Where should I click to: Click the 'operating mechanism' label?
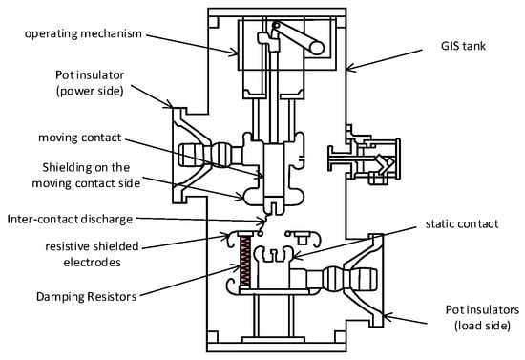tap(83, 34)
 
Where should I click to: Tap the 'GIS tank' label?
tap(463, 46)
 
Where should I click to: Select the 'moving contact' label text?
tap(79, 138)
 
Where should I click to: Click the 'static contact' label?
tap(462, 223)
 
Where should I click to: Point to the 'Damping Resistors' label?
tap(86, 297)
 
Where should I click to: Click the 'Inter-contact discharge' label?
tap(70, 220)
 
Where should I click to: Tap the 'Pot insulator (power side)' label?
tap(90, 83)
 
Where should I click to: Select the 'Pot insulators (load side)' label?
tap(482, 317)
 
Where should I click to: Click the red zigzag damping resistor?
tap(245, 262)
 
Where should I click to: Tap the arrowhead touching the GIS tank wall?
tap(350, 68)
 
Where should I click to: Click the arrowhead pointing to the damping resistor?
tap(236, 266)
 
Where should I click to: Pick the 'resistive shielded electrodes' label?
tap(92, 254)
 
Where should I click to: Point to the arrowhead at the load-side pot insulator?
tap(388, 316)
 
